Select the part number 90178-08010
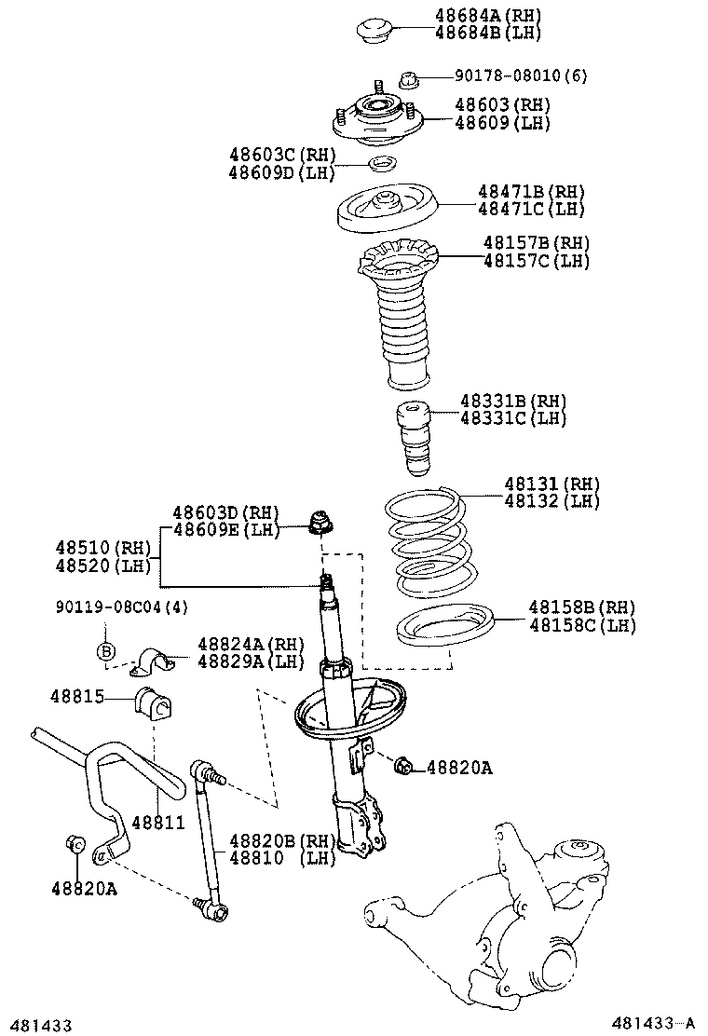[511, 76]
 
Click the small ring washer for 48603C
[382, 166]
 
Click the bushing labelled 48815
[156, 704]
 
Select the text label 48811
[157, 823]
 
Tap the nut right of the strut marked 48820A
[403, 766]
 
